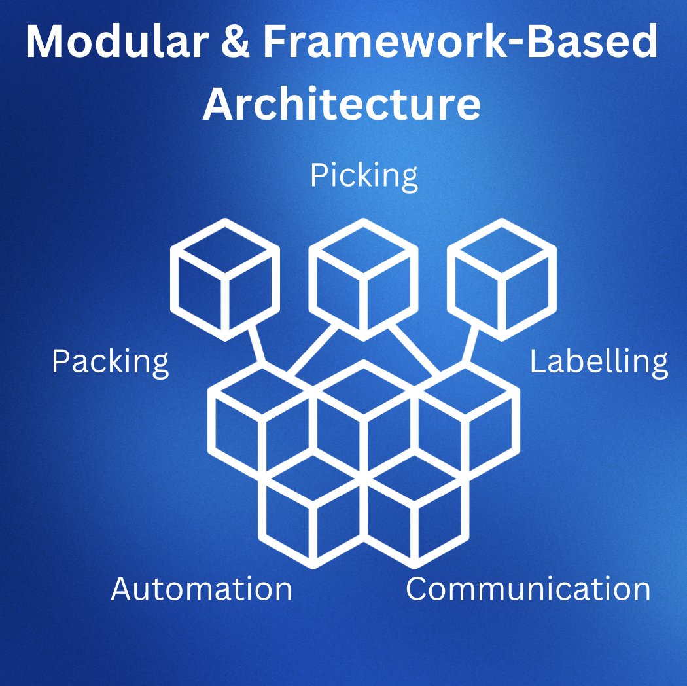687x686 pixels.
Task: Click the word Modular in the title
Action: (x=117, y=41)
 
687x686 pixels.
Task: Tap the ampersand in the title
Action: (x=236, y=41)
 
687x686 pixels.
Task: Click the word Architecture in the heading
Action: (x=342, y=104)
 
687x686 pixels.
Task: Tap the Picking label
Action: (x=364, y=176)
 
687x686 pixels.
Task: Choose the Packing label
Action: (x=111, y=362)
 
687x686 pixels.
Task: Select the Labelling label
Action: (x=599, y=362)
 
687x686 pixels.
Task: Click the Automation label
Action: (x=202, y=588)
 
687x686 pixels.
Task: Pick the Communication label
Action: (x=529, y=588)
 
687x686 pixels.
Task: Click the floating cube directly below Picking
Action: (x=363, y=280)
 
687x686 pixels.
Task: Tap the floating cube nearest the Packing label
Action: (x=225, y=280)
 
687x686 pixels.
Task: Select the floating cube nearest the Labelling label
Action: (x=502, y=280)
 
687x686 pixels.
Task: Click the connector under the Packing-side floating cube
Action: (x=256, y=344)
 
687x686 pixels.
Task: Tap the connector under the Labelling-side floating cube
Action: (x=470, y=344)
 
